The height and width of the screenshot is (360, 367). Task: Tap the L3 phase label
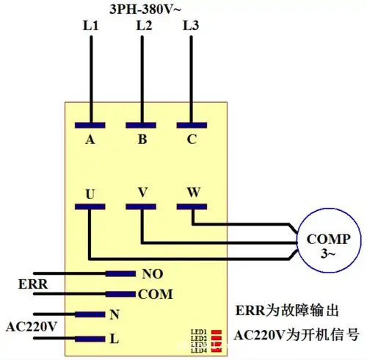pos(191,26)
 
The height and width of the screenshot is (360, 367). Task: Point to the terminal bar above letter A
pos(90,122)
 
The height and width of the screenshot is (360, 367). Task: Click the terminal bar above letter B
pos(143,122)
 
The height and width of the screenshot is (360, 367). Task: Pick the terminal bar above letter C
pos(192,122)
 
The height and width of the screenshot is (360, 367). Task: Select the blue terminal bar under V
pos(143,206)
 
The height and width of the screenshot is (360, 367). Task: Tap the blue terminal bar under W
pos(192,206)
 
